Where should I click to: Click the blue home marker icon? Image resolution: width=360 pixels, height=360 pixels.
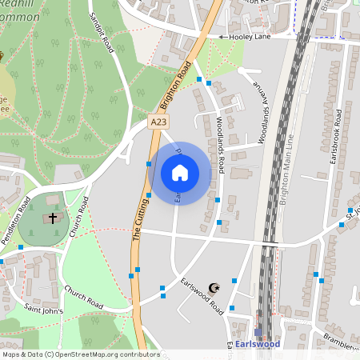[180, 172]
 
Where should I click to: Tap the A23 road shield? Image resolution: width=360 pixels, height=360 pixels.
[159, 120]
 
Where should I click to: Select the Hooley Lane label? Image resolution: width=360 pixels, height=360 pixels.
[250, 37]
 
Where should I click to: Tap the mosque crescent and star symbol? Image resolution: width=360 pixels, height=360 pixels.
[214, 288]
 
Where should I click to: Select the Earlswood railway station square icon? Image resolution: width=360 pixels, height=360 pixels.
[258, 331]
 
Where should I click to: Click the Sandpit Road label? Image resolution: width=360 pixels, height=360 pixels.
[102, 34]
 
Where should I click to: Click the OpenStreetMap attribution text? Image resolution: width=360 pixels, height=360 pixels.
[80, 354]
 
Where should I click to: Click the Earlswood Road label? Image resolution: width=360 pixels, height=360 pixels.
[201, 295]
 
